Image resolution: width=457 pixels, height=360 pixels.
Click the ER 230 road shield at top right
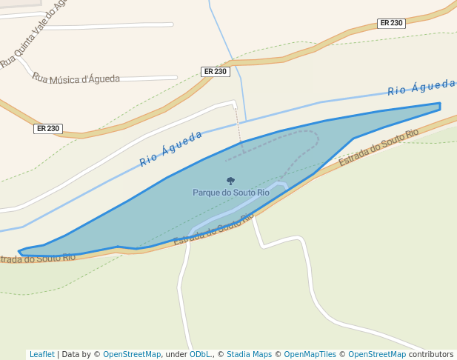tap(391, 23)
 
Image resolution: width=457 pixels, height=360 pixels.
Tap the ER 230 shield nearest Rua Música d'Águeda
tap(215, 72)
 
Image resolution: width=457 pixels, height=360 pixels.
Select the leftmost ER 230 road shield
tap(47, 129)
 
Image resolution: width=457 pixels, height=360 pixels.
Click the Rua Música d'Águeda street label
tap(76, 79)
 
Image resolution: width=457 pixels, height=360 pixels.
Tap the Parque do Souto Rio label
tap(231, 193)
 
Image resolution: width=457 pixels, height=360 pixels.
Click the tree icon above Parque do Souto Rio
tap(230, 181)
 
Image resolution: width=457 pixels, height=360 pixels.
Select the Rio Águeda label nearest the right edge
tap(421, 87)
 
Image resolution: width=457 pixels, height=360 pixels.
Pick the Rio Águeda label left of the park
tap(171, 149)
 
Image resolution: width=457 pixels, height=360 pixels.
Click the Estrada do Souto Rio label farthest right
tap(378, 147)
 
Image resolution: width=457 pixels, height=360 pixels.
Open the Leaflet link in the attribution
tap(41, 354)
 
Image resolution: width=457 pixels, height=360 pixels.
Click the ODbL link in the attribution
tap(199, 354)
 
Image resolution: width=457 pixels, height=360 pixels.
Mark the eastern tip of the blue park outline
tap(440, 106)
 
